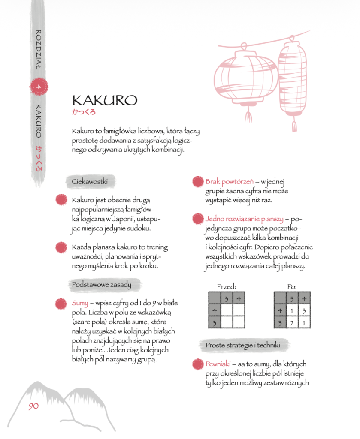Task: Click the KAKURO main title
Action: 105,100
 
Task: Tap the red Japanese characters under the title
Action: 84,112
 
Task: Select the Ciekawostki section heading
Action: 90,181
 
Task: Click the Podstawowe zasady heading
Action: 101,285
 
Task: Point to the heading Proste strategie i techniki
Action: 242,345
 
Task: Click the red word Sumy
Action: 80,303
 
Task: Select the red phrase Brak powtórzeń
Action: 229,182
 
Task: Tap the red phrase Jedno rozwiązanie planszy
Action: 244,219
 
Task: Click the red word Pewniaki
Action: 218,364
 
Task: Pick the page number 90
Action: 33,406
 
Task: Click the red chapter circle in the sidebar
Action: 39,87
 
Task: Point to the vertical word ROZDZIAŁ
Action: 39,49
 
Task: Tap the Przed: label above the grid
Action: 227,287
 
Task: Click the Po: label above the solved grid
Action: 292,287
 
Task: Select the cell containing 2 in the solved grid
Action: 292,323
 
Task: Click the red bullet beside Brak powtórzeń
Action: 198,181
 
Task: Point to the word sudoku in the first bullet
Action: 139,228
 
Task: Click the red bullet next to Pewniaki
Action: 198,364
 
